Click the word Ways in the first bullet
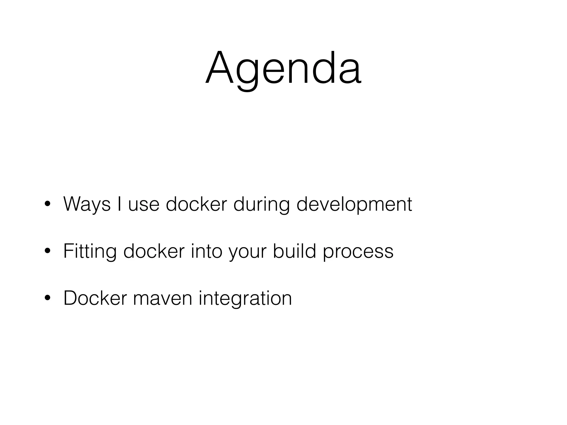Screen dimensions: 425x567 [87, 204]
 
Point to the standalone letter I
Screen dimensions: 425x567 [119, 204]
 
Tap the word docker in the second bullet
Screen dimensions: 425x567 [154, 251]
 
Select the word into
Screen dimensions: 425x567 [207, 251]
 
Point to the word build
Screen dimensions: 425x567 [294, 251]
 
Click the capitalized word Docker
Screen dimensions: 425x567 [95, 298]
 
